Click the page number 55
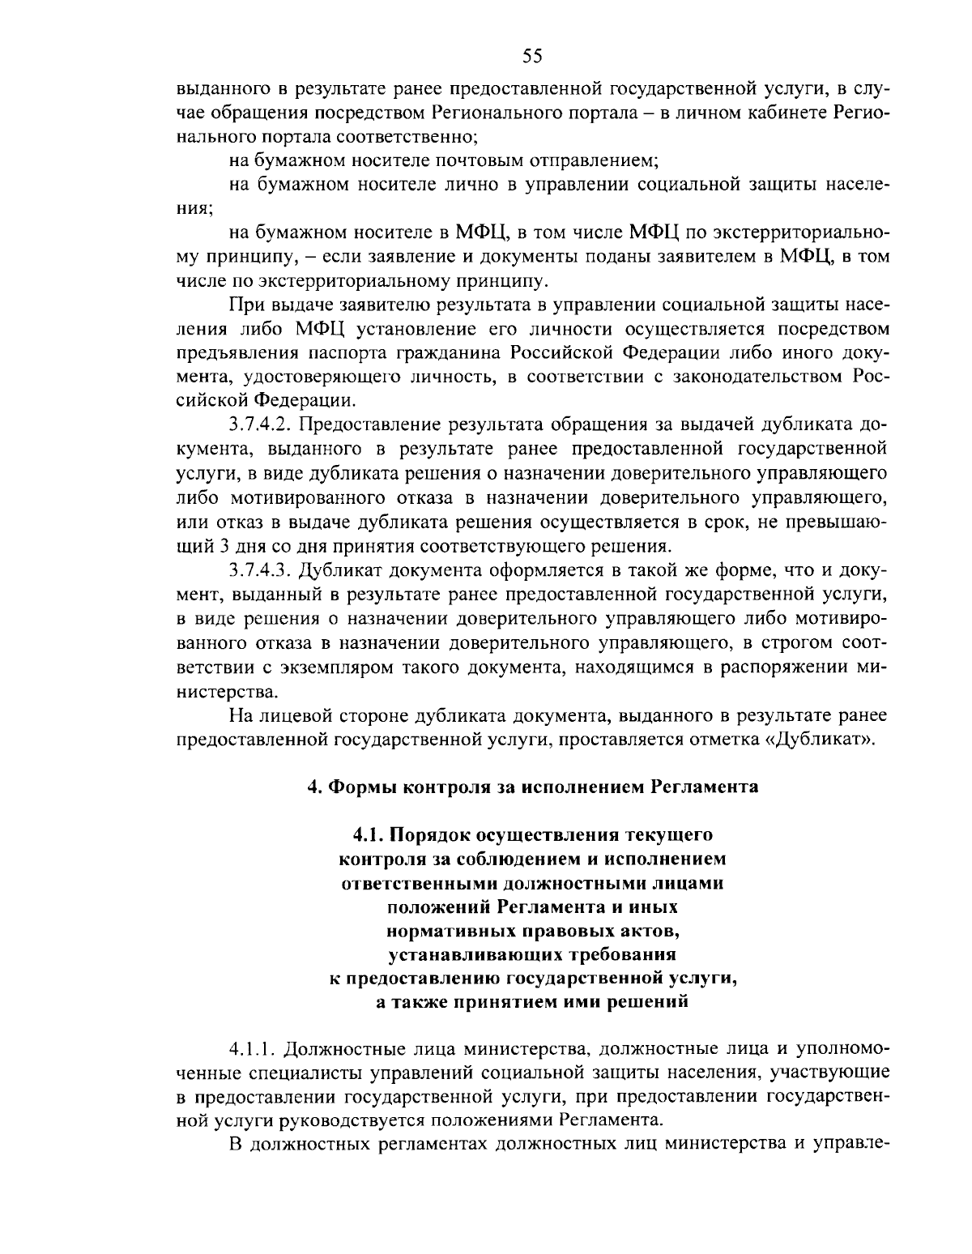(531, 55)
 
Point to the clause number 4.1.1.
(256, 1049)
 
